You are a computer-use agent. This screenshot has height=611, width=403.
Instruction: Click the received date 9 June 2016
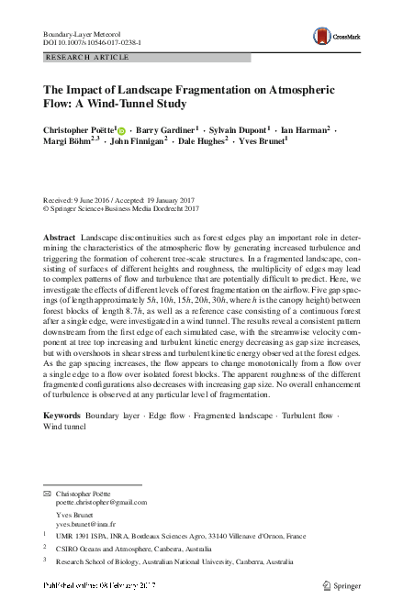coord(99,200)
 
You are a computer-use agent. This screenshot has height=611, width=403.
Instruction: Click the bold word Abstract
coord(60,238)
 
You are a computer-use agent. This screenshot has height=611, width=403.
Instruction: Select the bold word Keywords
coord(62,417)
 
